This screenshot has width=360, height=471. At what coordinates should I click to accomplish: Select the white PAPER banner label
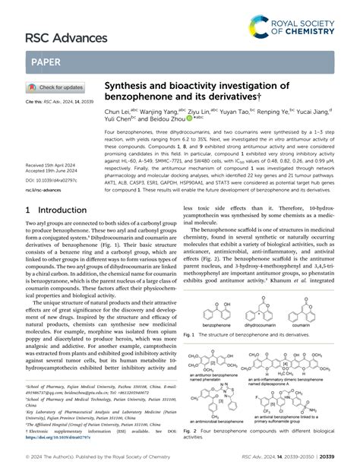46,62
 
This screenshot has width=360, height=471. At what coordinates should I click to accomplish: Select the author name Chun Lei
116,112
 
